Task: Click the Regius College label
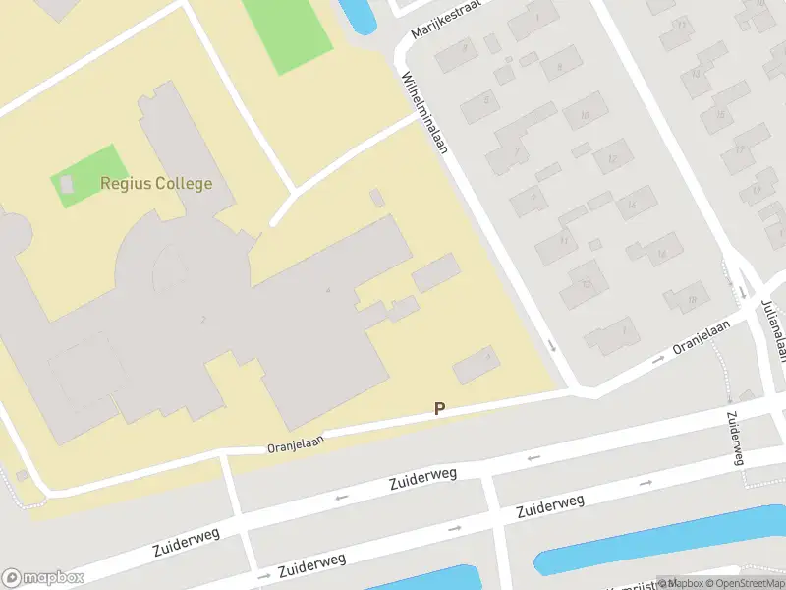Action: [x=155, y=183]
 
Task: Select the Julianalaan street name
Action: [x=771, y=329]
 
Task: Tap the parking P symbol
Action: [x=439, y=408]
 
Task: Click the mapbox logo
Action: [x=42, y=577]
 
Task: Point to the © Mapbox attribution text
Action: [x=680, y=582]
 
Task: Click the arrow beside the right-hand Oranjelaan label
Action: [x=657, y=361]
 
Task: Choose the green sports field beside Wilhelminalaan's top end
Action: [x=288, y=33]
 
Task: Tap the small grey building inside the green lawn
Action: [x=67, y=184]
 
